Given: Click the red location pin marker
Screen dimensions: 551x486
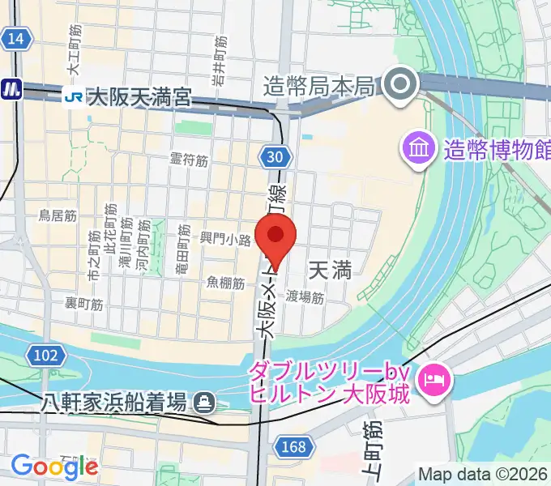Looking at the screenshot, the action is [275, 237].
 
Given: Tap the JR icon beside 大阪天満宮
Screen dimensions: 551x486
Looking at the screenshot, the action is [74, 97].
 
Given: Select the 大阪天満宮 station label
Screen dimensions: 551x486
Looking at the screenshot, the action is [139, 98].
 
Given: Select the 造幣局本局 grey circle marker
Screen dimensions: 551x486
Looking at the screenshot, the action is [401, 85].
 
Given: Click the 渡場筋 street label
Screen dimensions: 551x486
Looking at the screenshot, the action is [305, 298].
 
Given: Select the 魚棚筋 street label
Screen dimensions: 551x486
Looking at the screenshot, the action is [226, 283].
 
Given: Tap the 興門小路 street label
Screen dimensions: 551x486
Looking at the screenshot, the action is [226, 240].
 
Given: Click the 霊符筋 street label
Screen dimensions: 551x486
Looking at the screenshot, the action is [189, 160].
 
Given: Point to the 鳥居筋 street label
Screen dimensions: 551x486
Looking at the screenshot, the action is [58, 215].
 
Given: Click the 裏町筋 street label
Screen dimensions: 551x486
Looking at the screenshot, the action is [84, 304].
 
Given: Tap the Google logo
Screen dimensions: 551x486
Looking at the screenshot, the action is [53, 466].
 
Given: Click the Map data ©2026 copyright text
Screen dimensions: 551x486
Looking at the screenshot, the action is [481, 475].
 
